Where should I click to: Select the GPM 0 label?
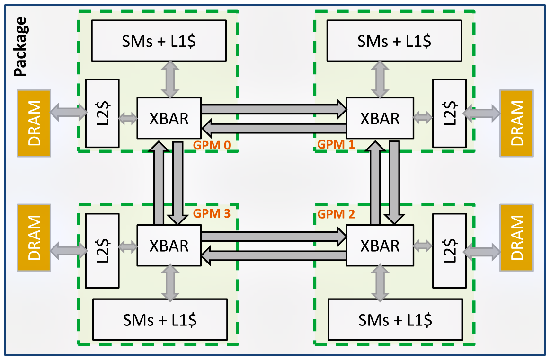(x=211, y=145)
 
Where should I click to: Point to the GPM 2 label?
(x=336, y=214)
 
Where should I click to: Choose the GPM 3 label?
(x=211, y=214)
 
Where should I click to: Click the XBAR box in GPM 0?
(x=169, y=118)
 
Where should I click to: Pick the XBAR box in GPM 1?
(x=380, y=118)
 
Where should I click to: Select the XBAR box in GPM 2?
(x=380, y=246)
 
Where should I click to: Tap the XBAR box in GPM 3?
(x=169, y=246)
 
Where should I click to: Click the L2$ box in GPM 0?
(x=102, y=113)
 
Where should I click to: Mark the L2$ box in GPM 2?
(x=449, y=251)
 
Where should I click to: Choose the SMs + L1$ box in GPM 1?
(x=394, y=42)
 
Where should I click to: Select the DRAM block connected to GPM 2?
(x=516, y=237)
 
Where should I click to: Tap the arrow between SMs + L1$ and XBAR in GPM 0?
(x=169, y=79)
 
